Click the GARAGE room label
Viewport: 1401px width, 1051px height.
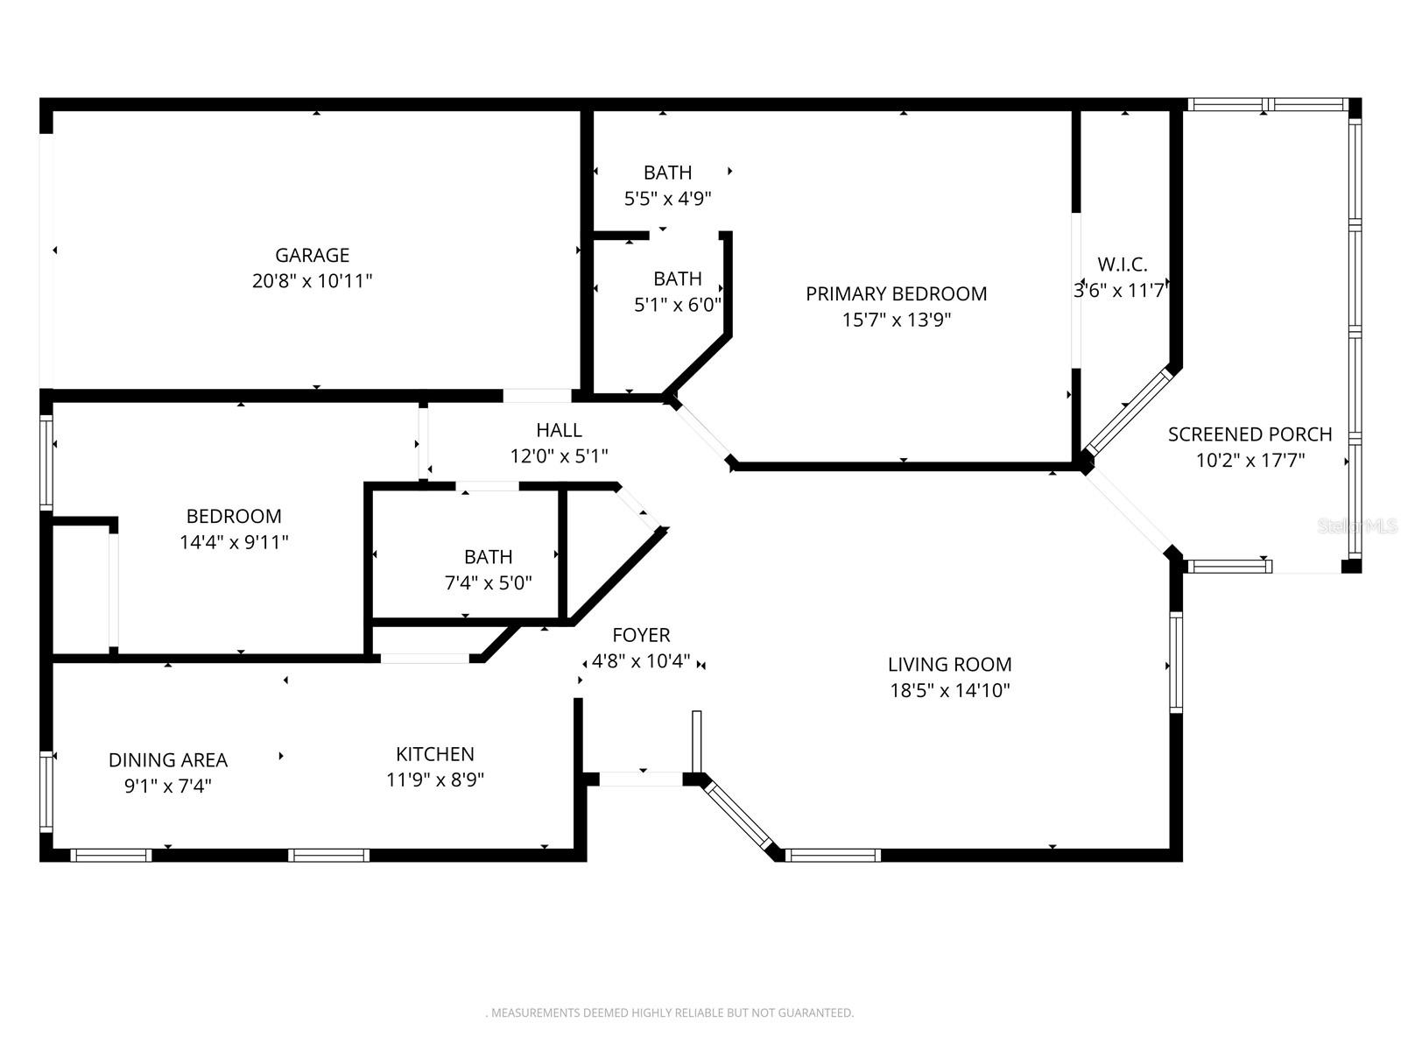click(x=312, y=255)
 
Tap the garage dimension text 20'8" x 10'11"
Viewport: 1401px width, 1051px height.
click(x=312, y=281)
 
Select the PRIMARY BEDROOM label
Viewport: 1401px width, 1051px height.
click(x=896, y=293)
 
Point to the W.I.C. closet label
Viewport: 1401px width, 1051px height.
click(x=1122, y=264)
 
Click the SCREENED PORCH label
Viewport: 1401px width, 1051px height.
click(x=1250, y=434)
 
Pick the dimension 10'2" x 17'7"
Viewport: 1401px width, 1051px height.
click(x=1250, y=460)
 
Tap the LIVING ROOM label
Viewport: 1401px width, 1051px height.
click(x=949, y=664)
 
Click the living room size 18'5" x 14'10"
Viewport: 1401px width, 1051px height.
click(x=949, y=690)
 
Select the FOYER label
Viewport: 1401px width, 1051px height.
click(x=641, y=635)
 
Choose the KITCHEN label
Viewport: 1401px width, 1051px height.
click(x=434, y=754)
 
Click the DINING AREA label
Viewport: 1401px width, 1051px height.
click(x=168, y=759)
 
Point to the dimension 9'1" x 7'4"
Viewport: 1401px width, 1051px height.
click(x=168, y=786)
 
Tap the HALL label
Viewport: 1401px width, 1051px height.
click(x=559, y=430)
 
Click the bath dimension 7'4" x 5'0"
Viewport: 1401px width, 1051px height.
click(x=488, y=582)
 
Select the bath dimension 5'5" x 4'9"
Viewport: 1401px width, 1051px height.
click(x=667, y=199)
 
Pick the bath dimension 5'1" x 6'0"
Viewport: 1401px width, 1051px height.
click(x=677, y=305)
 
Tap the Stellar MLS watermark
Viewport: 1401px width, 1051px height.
click(x=1357, y=525)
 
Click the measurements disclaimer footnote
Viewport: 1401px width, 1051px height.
click(x=670, y=1012)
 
